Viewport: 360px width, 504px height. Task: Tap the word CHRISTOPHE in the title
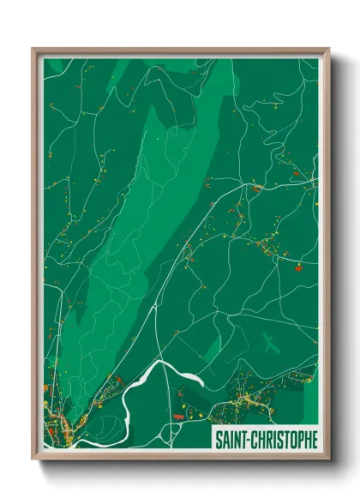coord(283,440)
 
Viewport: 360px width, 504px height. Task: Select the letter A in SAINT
coord(224,440)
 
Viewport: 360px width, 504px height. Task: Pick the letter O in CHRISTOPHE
coord(291,440)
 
